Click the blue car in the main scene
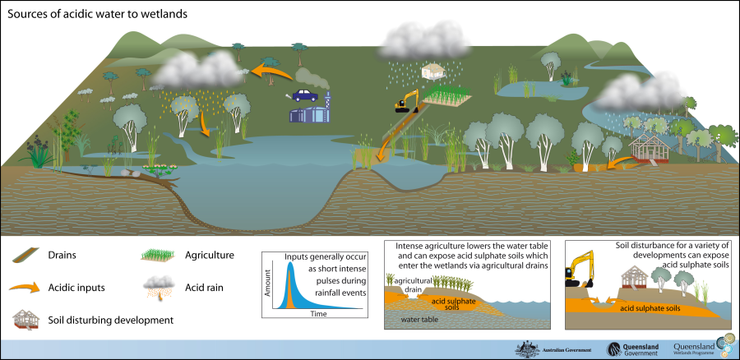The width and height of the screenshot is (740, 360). [x=306, y=95]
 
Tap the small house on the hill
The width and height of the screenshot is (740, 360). [x=432, y=72]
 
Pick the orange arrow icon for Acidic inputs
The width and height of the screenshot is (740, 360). [x=24, y=287]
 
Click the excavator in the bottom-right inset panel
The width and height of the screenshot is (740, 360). [x=581, y=272]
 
